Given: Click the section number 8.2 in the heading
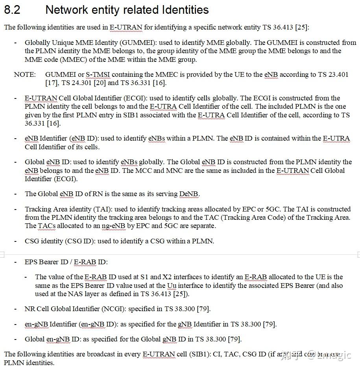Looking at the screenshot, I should pyautogui.click(x=12, y=10).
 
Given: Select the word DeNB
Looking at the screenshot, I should pyautogui.click(x=189, y=194).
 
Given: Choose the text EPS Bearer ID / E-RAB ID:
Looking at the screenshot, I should pyautogui.click(x=66, y=262).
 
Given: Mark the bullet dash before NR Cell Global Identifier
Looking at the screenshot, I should pyautogui.click(x=15, y=309).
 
